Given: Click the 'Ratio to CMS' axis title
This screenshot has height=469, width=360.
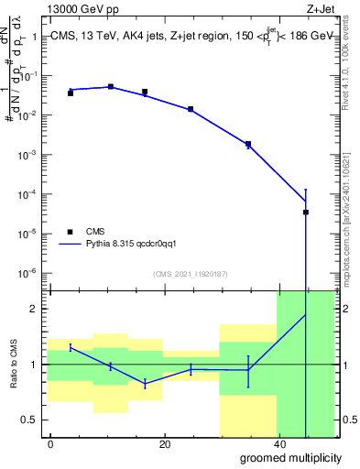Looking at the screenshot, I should tap(14, 364).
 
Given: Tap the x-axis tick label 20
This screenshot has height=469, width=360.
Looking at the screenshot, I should tap(164, 444).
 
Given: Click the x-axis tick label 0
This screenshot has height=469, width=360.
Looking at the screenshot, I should tap(51, 444).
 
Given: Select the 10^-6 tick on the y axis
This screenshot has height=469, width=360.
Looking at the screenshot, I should tap(30, 273).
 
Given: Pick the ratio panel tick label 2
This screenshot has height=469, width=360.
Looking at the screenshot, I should tap(35, 309).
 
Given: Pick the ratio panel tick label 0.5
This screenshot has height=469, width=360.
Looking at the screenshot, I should tap(32, 420).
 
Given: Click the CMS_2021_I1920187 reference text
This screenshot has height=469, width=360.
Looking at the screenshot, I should tap(190, 274).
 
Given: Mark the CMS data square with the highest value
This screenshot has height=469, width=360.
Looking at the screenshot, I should tap(111, 87).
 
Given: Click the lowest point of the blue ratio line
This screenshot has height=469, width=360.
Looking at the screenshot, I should tap(145, 384).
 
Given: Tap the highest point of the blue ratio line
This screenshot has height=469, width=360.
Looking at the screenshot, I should tap(305, 315).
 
